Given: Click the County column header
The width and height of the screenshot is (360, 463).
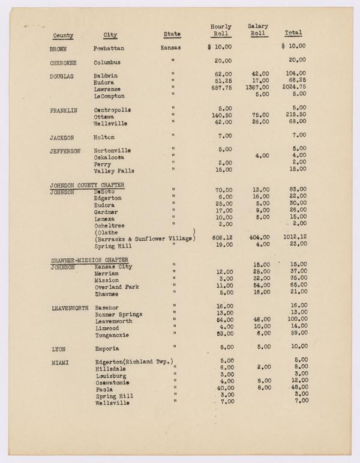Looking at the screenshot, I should pos(63,35).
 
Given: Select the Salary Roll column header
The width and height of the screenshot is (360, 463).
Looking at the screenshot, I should pos(258,30).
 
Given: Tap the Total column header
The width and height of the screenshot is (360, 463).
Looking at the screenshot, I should pos(293,33).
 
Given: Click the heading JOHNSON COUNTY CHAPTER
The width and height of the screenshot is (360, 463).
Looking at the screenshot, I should pos(91,185).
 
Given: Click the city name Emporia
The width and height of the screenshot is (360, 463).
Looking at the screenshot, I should pos(107,348).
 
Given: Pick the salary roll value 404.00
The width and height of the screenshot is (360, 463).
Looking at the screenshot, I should pos(257,238).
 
